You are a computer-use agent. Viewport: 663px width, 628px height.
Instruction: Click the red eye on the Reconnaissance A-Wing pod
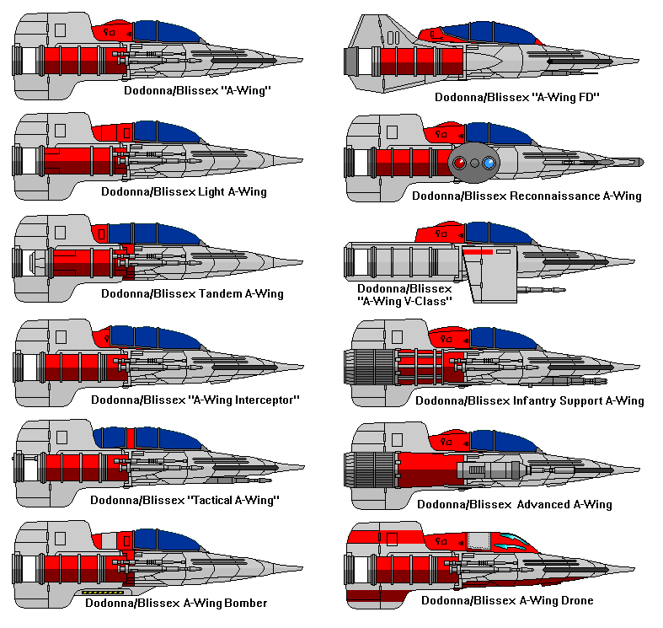[460, 163]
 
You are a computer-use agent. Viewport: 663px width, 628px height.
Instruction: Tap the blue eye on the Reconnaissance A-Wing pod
[488, 163]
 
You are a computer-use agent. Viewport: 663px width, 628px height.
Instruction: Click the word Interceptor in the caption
[258, 400]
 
